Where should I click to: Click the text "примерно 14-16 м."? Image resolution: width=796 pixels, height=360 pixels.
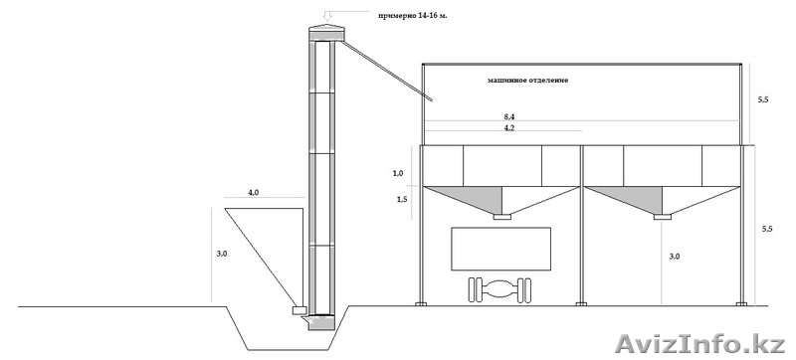tap(412, 16)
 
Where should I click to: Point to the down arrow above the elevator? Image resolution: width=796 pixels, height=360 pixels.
tap(327, 15)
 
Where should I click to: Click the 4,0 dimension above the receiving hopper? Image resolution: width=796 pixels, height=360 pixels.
tap(254, 193)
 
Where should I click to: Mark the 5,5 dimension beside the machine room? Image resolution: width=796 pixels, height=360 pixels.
tap(762, 99)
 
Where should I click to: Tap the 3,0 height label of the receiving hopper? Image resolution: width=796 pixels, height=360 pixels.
tap(222, 254)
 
